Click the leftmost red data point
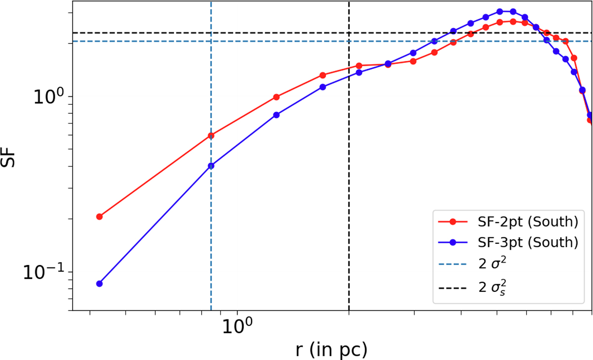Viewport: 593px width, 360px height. [99, 217]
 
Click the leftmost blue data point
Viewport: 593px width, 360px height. [99, 284]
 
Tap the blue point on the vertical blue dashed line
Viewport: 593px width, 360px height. [211, 166]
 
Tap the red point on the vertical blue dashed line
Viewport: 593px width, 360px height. [211, 135]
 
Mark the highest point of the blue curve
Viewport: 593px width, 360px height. [500, 11]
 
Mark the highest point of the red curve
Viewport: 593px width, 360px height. [513, 21]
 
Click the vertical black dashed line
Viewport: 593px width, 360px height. [349, 198]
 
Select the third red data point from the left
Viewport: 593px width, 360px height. [276, 97]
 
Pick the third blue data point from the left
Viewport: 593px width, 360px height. [276, 115]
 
